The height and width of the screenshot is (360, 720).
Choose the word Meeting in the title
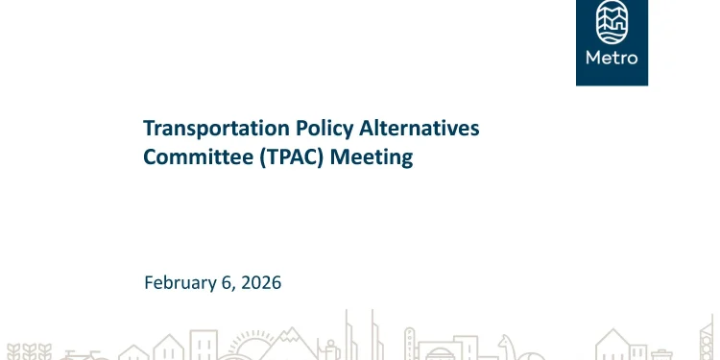tap(372, 156)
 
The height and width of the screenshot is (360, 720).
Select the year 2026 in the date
tap(262, 282)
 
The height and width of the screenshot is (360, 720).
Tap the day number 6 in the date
tap(228, 282)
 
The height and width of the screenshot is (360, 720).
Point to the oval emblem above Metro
tap(612, 23)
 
